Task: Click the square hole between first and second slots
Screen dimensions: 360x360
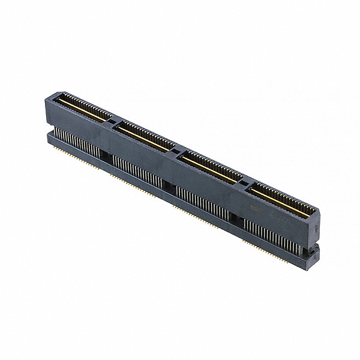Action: pos(112,122)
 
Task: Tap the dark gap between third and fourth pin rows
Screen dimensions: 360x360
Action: pos(237,217)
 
